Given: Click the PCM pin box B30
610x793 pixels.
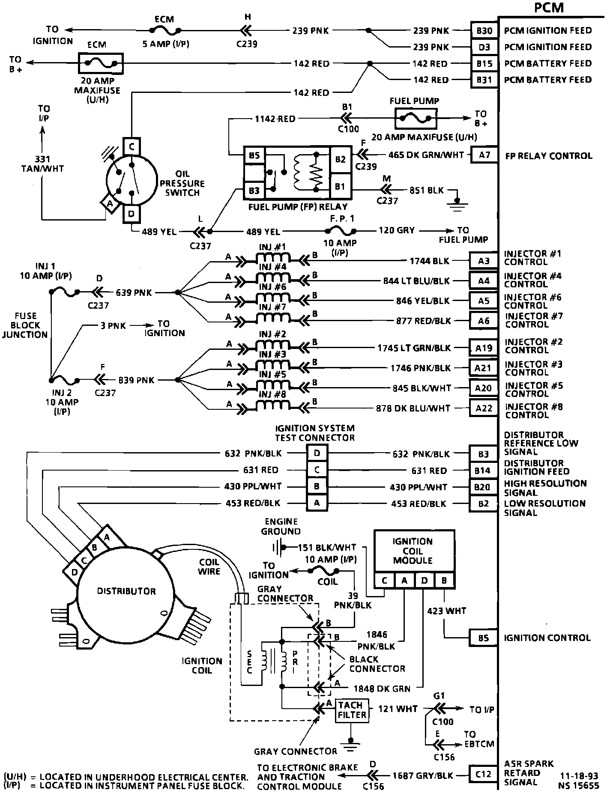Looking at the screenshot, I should (x=484, y=30).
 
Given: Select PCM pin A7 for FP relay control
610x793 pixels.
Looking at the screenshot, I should (x=484, y=155).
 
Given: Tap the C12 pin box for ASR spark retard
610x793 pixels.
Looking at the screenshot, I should (x=483, y=774).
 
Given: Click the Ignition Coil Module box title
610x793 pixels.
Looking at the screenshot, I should (x=413, y=551).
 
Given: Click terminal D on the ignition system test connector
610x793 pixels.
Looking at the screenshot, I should (x=317, y=453).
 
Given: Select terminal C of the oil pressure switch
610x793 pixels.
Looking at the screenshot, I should (x=132, y=147).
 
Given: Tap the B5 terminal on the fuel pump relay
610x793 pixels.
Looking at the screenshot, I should (x=254, y=155).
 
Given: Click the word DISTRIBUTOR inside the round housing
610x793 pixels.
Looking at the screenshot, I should (x=126, y=591).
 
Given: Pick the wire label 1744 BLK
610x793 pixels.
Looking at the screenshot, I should (x=430, y=260).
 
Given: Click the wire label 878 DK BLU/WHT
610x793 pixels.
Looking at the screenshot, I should (x=413, y=408).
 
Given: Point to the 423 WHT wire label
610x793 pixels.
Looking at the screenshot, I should (x=446, y=611).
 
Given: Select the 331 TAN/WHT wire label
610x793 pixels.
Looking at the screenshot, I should (x=42, y=164).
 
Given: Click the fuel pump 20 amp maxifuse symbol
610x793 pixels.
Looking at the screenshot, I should (x=416, y=118).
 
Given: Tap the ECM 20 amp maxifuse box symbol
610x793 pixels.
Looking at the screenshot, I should (x=101, y=63).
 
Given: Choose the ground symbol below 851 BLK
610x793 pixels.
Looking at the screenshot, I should (x=457, y=204).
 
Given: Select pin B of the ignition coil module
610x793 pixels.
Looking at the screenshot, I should (x=444, y=581).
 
